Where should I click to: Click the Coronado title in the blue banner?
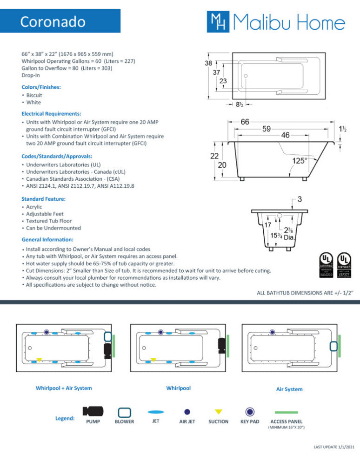coord(53,22)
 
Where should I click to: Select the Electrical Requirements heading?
coord(51,113)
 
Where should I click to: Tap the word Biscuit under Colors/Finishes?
coord(34,95)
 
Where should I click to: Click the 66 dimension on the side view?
coord(245,122)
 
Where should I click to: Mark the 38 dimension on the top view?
coord(209,62)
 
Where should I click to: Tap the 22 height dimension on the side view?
coord(214,157)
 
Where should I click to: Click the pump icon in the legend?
coord(93,411)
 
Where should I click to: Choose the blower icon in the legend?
coord(124,412)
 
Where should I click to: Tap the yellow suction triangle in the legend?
coord(218,412)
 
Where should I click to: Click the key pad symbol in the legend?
coord(250,412)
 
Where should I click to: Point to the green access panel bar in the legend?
coord(286,412)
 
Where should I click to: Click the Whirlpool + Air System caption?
coord(64,388)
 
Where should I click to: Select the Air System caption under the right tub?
coord(289,389)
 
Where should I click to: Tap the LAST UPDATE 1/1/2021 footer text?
coord(334,447)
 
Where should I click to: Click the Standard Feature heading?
coord(43,199)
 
